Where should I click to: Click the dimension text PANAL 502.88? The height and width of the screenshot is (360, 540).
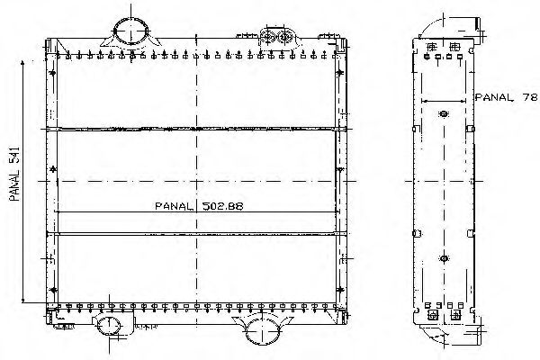click(199, 206)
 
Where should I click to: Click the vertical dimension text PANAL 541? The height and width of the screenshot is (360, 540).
click(14, 175)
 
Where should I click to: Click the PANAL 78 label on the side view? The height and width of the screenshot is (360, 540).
click(506, 97)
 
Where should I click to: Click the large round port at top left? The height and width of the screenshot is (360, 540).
click(130, 31)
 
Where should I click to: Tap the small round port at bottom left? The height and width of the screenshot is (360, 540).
click(109, 326)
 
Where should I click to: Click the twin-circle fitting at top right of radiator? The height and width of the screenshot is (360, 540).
click(277, 36)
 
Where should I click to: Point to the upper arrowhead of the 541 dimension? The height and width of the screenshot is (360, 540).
click(22, 63)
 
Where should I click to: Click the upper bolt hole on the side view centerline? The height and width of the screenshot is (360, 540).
click(444, 113)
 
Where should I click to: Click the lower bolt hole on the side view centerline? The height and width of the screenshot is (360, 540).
click(444, 258)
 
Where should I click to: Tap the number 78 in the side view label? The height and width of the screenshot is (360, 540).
click(530, 97)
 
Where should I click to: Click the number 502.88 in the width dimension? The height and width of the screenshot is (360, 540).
click(223, 206)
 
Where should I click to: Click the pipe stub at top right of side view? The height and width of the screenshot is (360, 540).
click(478, 25)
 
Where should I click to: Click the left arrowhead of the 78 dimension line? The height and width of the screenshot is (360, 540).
click(424, 102)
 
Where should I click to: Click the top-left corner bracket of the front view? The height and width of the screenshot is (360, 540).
click(50, 46)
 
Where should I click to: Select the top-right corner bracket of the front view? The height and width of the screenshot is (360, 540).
click(340, 46)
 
